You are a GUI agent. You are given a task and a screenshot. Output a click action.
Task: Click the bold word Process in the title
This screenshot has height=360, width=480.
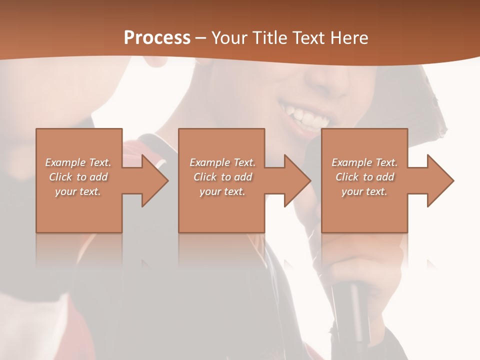coord(157,37)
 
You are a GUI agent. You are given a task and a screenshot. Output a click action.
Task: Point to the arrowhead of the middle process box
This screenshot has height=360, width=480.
coord(296,180)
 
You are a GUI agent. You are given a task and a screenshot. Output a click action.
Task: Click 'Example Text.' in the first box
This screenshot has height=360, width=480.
coord(78,162)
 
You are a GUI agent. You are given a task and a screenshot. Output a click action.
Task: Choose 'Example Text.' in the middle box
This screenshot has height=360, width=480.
coord(222,162)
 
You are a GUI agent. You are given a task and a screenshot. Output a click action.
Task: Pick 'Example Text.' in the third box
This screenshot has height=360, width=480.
coord(364,162)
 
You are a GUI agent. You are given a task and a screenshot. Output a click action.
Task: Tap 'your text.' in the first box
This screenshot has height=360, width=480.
coord(78,191)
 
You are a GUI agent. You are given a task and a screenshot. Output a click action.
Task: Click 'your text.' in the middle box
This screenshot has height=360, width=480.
coord(222,191)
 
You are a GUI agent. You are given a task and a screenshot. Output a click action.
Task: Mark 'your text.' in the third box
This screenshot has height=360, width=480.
coord(364,191)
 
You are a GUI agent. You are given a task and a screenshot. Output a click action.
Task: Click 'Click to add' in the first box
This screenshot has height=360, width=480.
coord(78,177)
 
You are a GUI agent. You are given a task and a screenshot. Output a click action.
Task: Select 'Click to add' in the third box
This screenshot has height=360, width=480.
coord(364,177)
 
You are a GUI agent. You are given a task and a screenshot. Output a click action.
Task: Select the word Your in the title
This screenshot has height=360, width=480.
coord(228,37)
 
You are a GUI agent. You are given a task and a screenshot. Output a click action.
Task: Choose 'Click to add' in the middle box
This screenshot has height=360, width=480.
coord(222,177)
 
